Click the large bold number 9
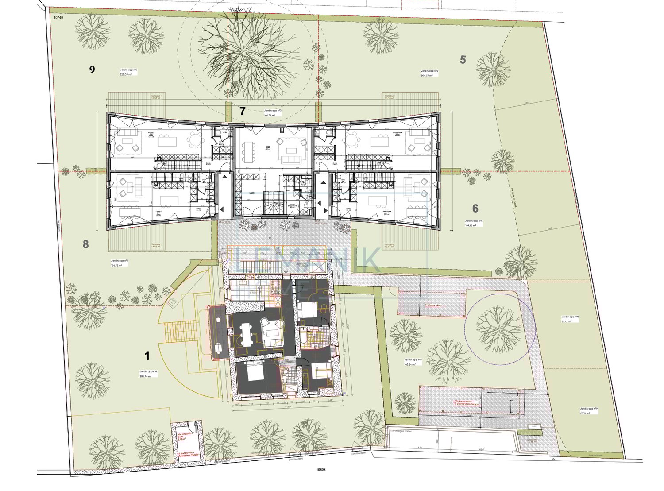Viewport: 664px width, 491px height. (92, 70)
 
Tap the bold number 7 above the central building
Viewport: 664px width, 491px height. (242, 111)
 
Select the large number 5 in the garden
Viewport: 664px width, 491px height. (463, 59)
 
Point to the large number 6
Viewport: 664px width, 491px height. (475, 208)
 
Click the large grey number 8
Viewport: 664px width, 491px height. (86, 244)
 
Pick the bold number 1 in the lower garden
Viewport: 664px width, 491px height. (147, 356)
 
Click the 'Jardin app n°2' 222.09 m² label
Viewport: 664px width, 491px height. (128, 72)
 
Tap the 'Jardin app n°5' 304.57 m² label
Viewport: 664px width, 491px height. (429, 73)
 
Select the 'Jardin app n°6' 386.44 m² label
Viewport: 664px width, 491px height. (148, 374)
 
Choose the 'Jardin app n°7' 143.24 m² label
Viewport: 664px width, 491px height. (413, 362)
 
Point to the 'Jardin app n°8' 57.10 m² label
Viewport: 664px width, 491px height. (570, 319)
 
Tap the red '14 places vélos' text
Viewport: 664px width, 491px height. (433, 305)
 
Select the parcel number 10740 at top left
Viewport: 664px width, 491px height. (58, 17)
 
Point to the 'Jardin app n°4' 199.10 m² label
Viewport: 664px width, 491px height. (474, 223)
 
